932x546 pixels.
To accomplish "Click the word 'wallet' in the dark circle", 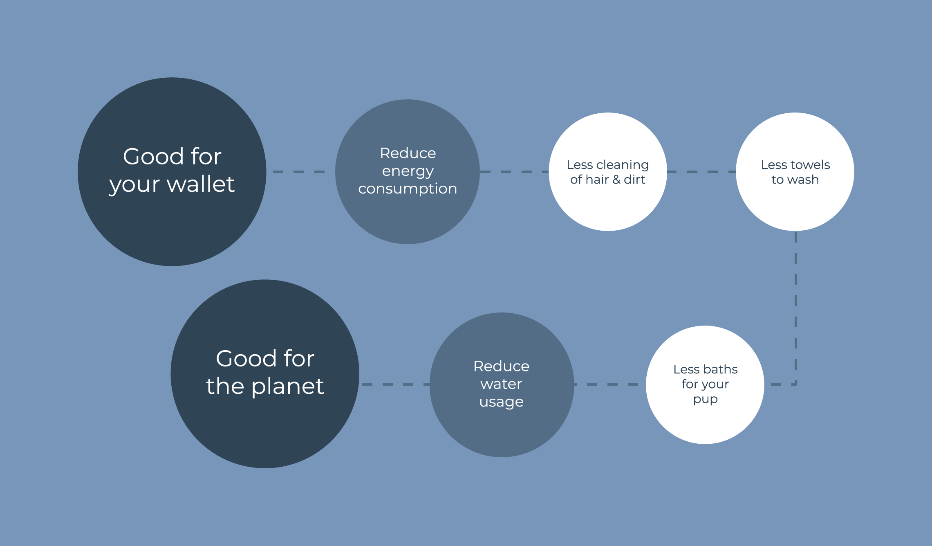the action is [x=201, y=184].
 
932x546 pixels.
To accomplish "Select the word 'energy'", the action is [x=408, y=171].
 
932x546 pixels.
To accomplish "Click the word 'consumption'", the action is [x=408, y=189].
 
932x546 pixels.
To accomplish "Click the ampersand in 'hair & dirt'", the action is [x=616, y=180].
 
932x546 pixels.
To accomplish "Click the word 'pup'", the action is [x=705, y=400].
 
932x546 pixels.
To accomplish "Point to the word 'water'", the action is [x=501, y=384].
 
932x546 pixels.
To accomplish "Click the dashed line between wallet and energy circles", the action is [x=299, y=172].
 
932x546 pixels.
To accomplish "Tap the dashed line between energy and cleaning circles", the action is [x=514, y=172].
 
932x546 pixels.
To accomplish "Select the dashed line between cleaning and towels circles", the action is [x=701, y=172].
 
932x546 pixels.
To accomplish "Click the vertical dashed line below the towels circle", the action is [x=796, y=307].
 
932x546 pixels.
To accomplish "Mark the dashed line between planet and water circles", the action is [x=395, y=384].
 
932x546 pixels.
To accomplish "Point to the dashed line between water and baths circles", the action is [x=609, y=384].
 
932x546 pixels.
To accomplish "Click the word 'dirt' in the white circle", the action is [x=634, y=180].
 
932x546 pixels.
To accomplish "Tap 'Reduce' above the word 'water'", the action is [x=501, y=366].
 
